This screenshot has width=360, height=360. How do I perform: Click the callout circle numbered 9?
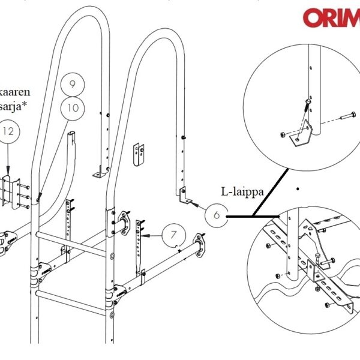[73, 85]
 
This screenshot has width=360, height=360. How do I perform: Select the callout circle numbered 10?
[73, 108]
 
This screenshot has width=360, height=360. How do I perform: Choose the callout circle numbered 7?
[173, 235]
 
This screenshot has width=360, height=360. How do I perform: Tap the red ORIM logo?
[331, 17]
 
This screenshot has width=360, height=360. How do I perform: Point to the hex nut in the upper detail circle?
[283, 133]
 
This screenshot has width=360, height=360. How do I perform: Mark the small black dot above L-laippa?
[298, 189]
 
